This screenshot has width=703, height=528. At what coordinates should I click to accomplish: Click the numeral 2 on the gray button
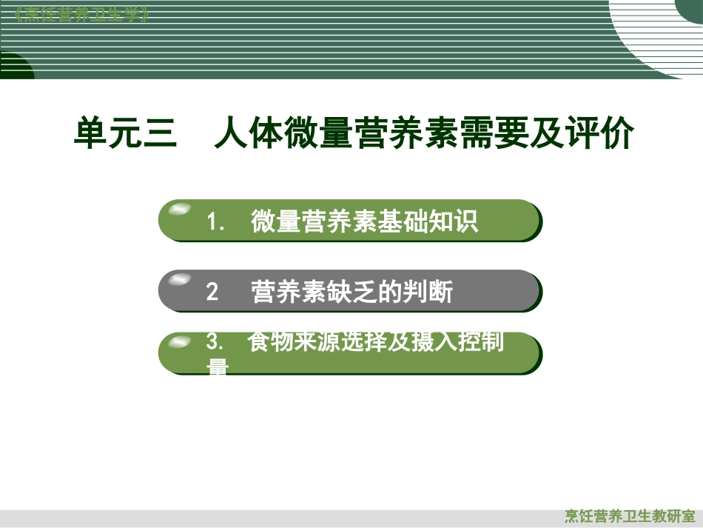point(212,293)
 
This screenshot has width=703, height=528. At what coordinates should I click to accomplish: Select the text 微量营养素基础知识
point(364,221)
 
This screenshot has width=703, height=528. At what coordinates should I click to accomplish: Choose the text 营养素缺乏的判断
point(351,293)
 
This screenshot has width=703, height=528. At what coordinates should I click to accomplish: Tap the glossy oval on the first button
point(179,211)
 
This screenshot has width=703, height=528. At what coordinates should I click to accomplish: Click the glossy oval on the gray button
point(179,280)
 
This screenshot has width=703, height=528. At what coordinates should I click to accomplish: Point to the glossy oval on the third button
point(179,342)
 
